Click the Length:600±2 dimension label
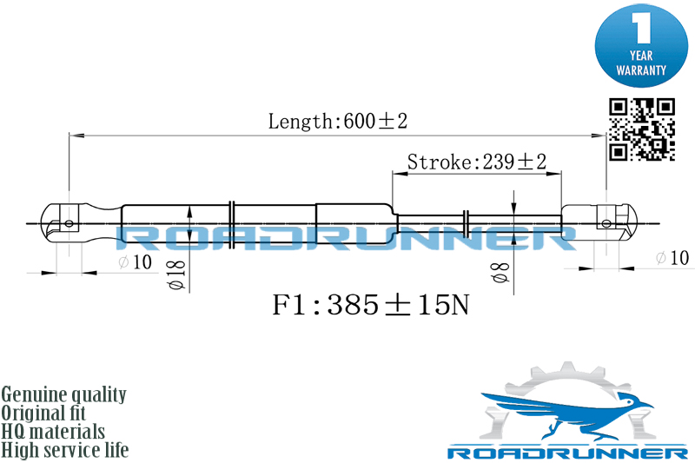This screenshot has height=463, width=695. tap(338, 121)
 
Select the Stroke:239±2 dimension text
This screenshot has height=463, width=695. tap(476, 162)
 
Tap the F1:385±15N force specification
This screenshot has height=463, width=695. tap(371, 305)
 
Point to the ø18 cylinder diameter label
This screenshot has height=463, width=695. tap(176, 274)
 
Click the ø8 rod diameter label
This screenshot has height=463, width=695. tap(501, 272)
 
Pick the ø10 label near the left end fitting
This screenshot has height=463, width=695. tap(136, 261)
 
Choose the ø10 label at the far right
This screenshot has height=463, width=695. tap(672, 257)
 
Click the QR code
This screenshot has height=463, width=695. tap(641, 129)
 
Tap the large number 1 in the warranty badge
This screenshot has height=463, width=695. tap(641, 28)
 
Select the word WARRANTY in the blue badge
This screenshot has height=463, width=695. tap(641, 70)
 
